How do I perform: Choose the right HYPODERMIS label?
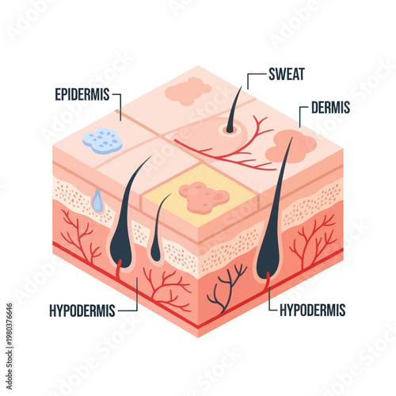click(x=313, y=310)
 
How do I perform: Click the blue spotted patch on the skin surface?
click(x=103, y=141)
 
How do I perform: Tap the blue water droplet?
click(x=97, y=201)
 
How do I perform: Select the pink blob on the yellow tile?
click(x=203, y=196)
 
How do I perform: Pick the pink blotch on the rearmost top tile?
click(x=188, y=92)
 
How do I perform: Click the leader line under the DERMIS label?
click(x=299, y=118)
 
